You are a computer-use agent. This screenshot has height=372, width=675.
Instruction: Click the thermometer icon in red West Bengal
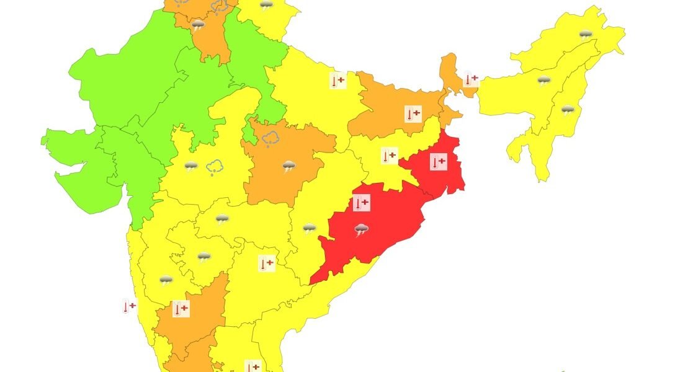tap(438, 162)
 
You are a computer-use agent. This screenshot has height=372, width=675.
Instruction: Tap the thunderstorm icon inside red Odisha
tap(362, 231)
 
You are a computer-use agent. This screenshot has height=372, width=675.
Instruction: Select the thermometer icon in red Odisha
tap(361, 202)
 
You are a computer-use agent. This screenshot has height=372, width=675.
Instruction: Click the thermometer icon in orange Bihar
tap(413, 113)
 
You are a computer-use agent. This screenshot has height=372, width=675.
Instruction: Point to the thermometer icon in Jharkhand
tap(389, 156)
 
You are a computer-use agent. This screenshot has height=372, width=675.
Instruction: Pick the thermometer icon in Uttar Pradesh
tap(337, 81)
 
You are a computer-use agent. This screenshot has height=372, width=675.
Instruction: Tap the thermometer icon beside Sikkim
tap(472, 79)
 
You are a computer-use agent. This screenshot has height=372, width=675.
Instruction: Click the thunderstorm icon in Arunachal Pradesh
tap(585, 35)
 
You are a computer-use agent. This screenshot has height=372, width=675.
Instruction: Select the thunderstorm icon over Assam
tap(543, 81)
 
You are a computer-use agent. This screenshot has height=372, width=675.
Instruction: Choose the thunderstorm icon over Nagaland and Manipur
tap(568, 110)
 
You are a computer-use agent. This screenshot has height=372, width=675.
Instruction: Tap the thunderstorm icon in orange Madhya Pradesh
tap(288, 166)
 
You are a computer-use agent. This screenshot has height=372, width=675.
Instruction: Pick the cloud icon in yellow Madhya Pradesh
tap(215, 167)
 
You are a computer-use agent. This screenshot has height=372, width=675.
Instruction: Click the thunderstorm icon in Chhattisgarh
tap(309, 229)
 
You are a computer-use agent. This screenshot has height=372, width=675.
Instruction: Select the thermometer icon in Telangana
tap(266, 263)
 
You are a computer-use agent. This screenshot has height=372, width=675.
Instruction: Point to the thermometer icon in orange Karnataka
tap(181, 308)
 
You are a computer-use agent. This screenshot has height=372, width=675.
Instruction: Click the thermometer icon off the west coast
tap(129, 306)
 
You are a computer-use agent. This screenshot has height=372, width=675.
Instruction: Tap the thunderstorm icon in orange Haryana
tap(198, 25)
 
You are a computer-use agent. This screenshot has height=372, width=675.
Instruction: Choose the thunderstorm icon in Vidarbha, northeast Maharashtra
tap(222, 218)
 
